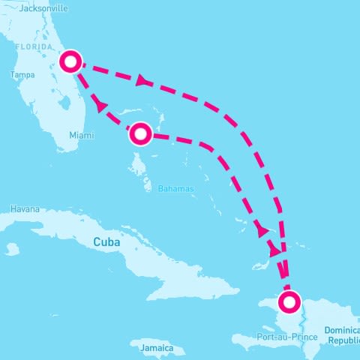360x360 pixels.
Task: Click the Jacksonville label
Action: (44, 8)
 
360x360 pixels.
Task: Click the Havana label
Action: (25, 209)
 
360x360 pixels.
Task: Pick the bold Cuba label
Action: (106, 242)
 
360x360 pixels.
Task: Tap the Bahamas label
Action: (176, 188)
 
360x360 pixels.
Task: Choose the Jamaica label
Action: (147, 349)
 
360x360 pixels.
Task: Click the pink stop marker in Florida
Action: (70, 61)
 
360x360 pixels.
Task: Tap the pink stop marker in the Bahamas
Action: (141, 133)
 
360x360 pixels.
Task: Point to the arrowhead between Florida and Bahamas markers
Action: (100, 107)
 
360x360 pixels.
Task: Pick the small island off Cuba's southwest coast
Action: (12, 248)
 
